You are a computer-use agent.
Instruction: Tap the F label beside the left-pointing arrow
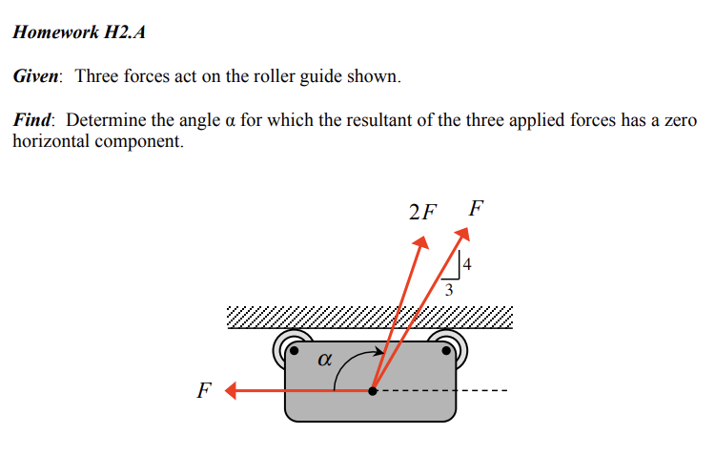pyautogui.click(x=202, y=391)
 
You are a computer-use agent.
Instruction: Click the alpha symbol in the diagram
pyautogui.click(x=324, y=360)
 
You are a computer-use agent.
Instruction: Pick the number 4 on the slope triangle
pyautogui.click(x=468, y=260)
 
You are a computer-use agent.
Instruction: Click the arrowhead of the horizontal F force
pyautogui.click(x=233, y=390)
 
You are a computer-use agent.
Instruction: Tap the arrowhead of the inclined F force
pyautogui.click(x=463, y=234)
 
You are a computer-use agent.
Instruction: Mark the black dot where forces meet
pyautogui.click(x=373, y=390)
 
